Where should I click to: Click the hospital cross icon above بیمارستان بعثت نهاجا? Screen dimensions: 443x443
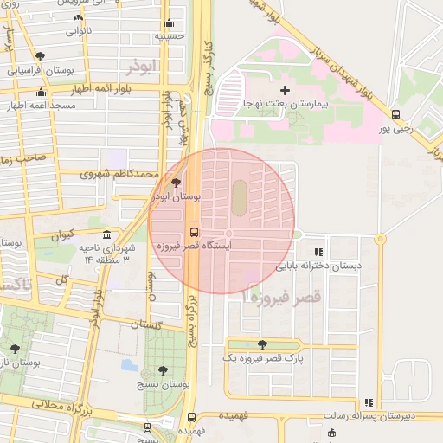click(285, 90)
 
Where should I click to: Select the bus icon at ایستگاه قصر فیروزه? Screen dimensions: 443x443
click(193, 232)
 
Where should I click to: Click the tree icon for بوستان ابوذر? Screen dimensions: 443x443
click(177, 183)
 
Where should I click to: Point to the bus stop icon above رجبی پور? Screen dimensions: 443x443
click(395, 114)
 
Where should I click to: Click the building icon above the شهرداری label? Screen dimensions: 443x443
click(106, 235)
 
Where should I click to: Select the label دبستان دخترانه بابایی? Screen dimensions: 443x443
click(308, 266)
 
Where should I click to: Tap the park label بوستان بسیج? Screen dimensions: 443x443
click(170, 382)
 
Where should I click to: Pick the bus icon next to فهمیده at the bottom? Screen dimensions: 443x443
click(192, 417)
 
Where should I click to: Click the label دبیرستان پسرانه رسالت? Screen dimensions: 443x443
click(368, 416)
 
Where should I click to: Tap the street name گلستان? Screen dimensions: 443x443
click(146, 324)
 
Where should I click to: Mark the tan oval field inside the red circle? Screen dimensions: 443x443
click(238, 198)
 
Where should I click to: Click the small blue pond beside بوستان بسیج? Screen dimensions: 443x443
click(130, 365)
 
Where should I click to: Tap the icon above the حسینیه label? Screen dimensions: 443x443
click(170, 22)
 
